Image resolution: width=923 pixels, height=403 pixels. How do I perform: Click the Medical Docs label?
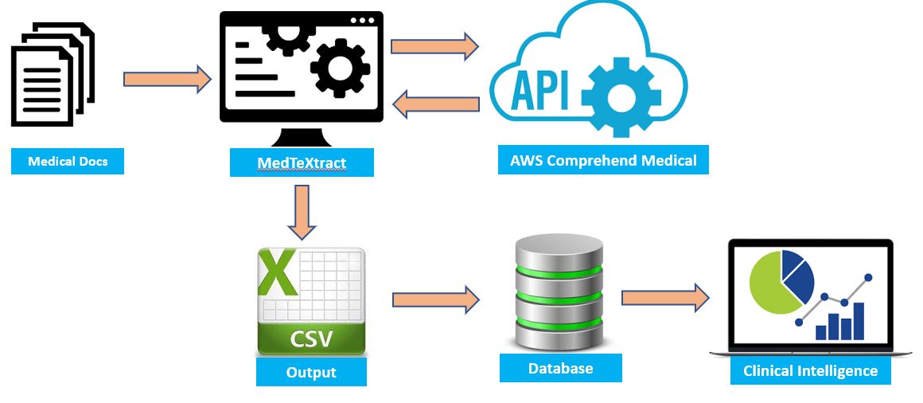pyautogui.click(x=67, y=162)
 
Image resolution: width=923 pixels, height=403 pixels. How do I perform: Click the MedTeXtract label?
pyautogui.click(x=302, y=163)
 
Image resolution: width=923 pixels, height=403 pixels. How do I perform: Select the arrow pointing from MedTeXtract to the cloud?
pyautogui.click(x=434, y=45)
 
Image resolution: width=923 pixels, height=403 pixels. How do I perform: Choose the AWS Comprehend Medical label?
pyautogui.click(x=603, y=161)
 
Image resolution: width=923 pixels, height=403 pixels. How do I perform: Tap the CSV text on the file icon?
pyautogui.click(x=311, y=339)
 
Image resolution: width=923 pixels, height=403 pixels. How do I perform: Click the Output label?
pyautogui.click(x=311, y=372)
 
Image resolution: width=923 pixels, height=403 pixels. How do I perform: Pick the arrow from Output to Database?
pyautogui.click(x=435, y=299)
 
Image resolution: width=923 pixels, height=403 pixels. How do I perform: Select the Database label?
pyautogui.click(x=560, y=368)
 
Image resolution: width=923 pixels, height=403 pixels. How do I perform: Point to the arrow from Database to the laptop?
pyautogui.click(x=665, y=297)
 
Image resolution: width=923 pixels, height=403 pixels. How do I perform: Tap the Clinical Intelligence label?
pyautogui.click(x=810, y=371)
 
